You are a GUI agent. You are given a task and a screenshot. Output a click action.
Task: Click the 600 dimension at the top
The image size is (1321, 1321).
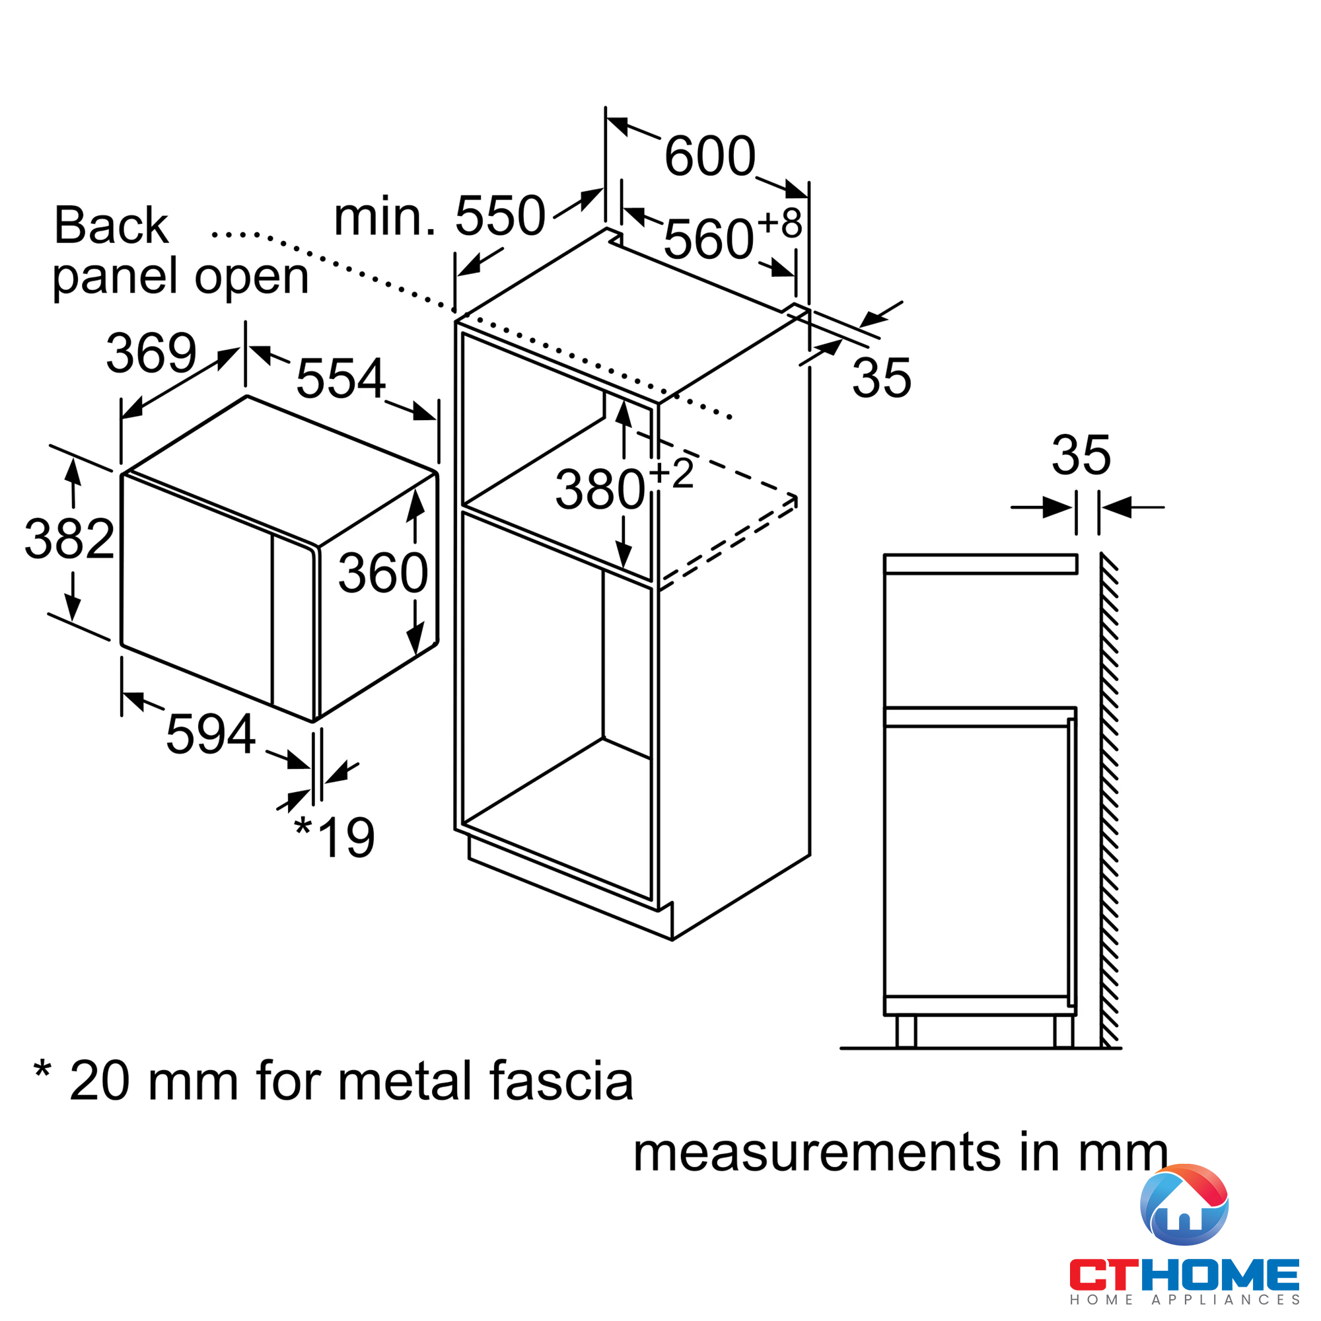(710, 157)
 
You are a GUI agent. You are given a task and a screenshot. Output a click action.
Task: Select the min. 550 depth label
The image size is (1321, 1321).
(440, 216)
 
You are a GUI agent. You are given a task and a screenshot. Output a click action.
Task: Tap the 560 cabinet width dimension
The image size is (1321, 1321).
(708, 239)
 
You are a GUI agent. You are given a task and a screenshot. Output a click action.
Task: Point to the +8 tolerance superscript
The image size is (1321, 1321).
(780, 223)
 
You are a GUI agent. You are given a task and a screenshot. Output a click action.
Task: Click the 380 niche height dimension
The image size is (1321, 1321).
(600, 490)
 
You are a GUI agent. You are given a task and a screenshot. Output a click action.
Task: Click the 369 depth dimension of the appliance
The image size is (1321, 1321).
(151, 353)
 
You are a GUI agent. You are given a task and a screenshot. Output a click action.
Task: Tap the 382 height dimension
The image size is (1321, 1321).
(69, 539)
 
